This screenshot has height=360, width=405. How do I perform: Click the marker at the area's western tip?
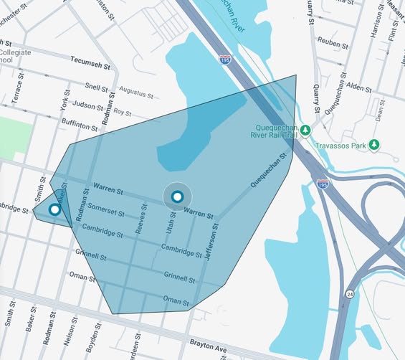[54, 209]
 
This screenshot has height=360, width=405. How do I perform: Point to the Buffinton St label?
[79, 123]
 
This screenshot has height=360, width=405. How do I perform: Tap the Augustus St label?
[136, 92]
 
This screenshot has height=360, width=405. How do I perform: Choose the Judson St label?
[88, 104]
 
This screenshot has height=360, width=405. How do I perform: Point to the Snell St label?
[95, 86]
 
